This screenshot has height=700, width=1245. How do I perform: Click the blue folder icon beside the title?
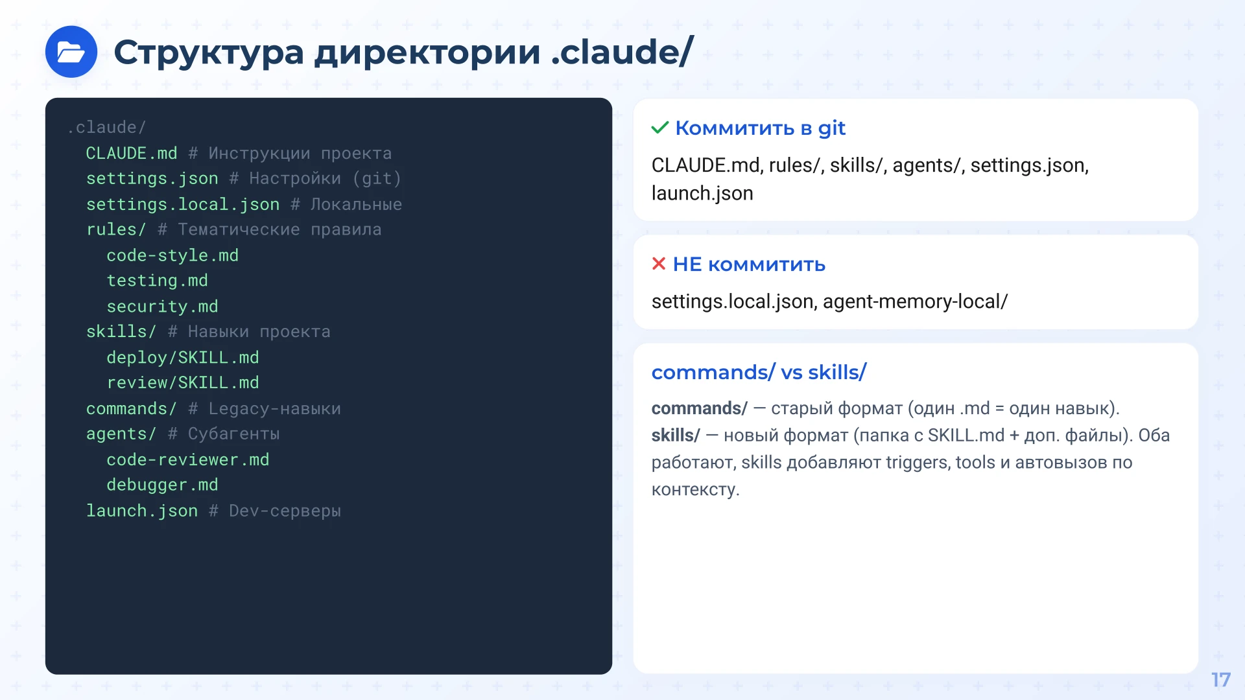click(71, 52)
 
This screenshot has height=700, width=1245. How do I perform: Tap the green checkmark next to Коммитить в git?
click(659, 128)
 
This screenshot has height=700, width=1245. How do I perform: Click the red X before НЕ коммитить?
click(658, 264)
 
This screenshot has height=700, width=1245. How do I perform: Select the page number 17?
click(1220, 679)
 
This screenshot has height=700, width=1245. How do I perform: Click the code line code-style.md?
click(172, 255)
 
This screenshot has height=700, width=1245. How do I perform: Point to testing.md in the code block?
click(157, 281)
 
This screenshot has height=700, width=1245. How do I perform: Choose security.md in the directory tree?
click(162, 307)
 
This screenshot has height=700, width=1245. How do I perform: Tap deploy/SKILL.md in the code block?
click(182, 358)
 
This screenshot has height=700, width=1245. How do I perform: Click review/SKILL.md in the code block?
click(182, 383)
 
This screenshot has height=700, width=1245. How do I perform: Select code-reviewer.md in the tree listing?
click(187, 460)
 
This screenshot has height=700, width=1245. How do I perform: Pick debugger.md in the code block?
click(162, 485)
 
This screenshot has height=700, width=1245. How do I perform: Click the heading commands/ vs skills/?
click(758, 373)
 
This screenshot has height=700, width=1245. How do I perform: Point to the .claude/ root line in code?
click(106, 127)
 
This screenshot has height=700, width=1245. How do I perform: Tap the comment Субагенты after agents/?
click(233, 434)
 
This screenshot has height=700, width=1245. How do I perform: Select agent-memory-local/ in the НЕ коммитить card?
click(915, 301)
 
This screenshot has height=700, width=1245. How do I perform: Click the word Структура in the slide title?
click(208, 52)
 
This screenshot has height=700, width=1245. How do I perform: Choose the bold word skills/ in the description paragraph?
click(675, 436)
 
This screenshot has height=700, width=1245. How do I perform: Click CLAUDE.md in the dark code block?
click(131, 153)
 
